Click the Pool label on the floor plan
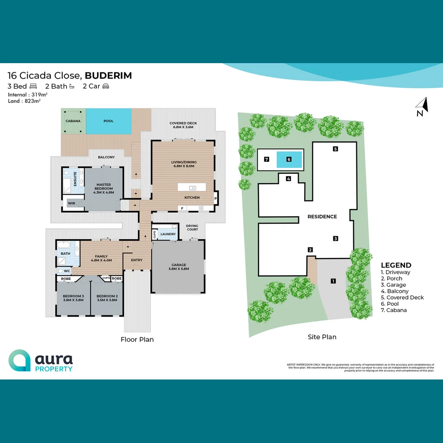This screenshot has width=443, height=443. coord(108,121)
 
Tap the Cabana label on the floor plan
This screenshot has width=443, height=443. coord(73,121)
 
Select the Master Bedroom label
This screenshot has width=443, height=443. coord(103,188)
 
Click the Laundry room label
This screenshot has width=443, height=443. coord(168,234)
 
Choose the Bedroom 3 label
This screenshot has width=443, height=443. coord(73,298)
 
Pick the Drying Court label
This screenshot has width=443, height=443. coord(192,227)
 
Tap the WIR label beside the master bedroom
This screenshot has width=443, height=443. coord(71,203)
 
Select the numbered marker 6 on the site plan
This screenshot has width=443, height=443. coord(289,159)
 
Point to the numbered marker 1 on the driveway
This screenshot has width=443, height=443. coord(333,281)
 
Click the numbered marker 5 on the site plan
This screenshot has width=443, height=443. coord(335,149)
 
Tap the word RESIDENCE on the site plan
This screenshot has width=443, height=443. coord(322,217)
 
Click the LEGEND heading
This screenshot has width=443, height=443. coord(396,265)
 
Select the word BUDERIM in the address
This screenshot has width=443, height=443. coord(108,75)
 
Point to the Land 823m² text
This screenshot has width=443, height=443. coord(24,101)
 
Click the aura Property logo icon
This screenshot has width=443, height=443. coord(19,360)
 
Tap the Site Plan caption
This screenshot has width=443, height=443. coord(322,337)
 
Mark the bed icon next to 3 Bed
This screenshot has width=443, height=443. coord(33,86)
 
